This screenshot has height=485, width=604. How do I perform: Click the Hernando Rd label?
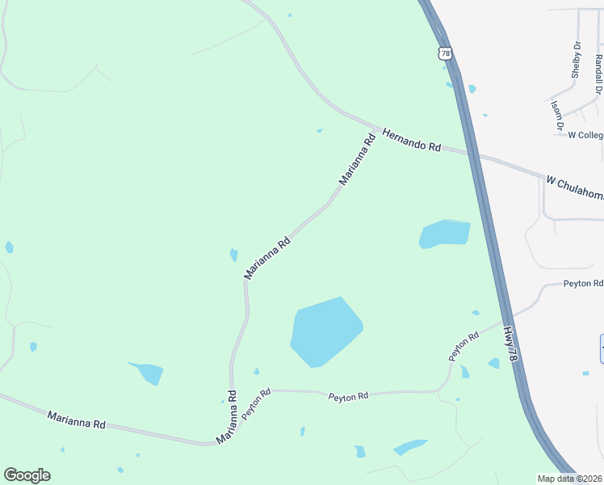[x=412, y=140]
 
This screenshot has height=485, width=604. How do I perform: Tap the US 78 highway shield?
[x=445, y=53]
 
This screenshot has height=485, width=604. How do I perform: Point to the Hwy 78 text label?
[x=510, y=344]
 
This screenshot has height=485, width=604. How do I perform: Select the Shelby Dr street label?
[x=577, y=58]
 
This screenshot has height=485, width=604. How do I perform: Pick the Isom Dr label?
[x=556, y=116]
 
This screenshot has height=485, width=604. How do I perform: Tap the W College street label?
[x=585, y=135]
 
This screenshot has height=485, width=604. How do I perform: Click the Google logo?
[x=27, y=475]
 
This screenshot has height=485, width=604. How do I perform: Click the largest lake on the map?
[x=325, y=331]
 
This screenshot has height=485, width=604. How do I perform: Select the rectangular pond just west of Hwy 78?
[x=444, y=234]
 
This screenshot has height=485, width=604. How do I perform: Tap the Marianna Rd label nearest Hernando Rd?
[x=358, y=160]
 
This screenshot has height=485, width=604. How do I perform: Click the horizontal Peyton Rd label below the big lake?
[x=348, y=396]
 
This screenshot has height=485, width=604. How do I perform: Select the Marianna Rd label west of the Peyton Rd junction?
[x=77, y=420]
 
